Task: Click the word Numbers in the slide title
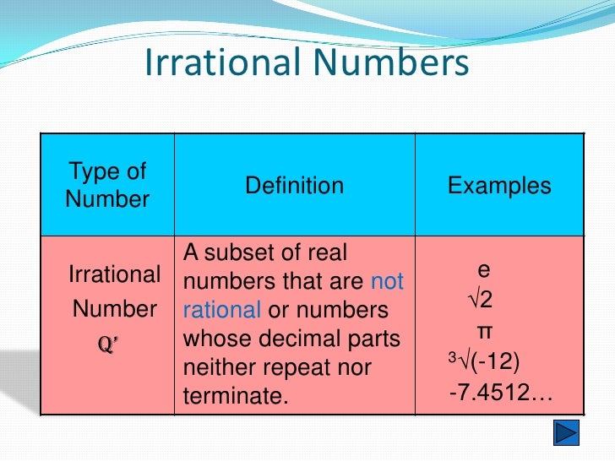click(x=389, y=64)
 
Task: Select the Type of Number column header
click(x=107, y=186)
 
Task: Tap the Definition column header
click(x=294, y=186)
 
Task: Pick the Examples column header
click(x=499, y=186)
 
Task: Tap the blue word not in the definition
click(x=388, y=281)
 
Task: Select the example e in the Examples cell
click(x=483, y=270)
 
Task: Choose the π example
click(x=484, y=330)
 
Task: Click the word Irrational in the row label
click(x=115, y=275)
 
